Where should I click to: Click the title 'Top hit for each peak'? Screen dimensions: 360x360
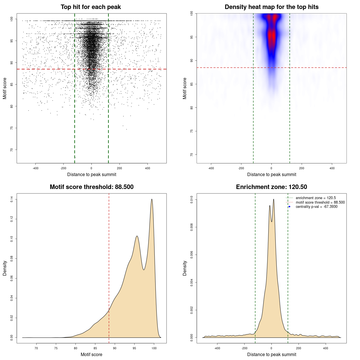[91, 7]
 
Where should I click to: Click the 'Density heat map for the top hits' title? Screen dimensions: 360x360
[271, 7]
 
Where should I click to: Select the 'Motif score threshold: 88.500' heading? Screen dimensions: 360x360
[91, 187]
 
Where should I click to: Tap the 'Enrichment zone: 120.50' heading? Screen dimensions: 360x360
[271, 187]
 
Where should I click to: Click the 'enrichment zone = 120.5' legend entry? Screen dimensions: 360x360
[316, 198]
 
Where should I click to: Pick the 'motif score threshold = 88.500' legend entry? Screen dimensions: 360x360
[320, 202]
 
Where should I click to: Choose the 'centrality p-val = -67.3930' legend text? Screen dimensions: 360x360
[316, 207]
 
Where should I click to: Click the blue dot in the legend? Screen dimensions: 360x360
[289, 207]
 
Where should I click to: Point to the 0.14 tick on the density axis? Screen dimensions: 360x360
[12, 199]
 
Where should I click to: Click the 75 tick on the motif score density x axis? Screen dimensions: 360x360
[56, 348]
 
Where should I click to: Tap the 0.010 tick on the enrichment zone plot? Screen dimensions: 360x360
[192, 200]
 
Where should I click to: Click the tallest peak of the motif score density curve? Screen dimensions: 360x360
[152, 199]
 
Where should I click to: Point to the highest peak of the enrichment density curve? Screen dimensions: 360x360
[273, 199]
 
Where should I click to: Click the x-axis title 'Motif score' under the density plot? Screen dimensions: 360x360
[91, 354]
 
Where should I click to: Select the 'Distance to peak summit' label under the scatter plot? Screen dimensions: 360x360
[92, 174]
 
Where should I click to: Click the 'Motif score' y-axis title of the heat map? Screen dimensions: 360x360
[185, 88]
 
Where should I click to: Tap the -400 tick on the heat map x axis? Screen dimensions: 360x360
[211, 168]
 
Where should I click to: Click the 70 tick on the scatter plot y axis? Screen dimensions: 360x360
[12, 150]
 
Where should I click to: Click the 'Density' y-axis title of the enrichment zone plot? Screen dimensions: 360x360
[185, 268]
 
